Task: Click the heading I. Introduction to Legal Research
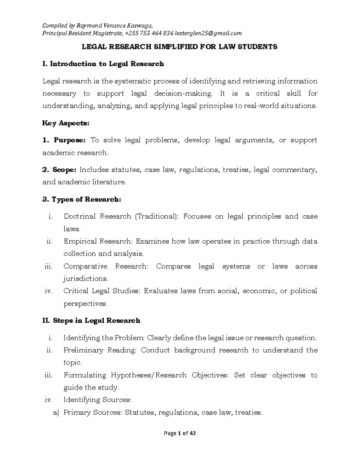pyautogui.click(x=103, y=64)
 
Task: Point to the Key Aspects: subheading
pyautogui.click(x=66, y=123)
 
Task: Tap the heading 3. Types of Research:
pyautogui.click(x=82, y=199)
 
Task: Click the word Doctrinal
pyautogui.click(x=79, y=216)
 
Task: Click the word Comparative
pyautogui.click(x=85, y=266)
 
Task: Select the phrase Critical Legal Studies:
pyautogui.click(x=102, y=291)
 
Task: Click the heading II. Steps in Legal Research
pyautogui.click(x=91, y=320)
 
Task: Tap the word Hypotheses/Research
pyautogui.click(x=148, y=375)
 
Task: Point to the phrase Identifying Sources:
pyautogui.click(x=97, y=400)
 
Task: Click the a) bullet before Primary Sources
pyautogui.click(x=56, y=413)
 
